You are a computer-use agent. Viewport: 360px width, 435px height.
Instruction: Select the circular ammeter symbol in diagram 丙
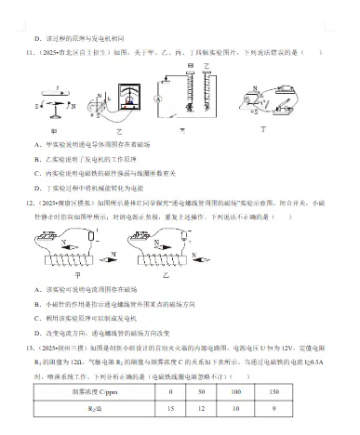coord(159,98)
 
